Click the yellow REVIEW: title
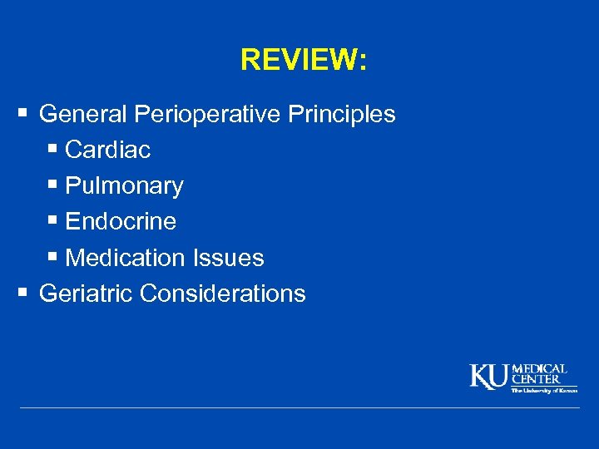pos(303,60)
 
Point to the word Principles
pos(342,114)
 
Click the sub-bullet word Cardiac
pos(107,150)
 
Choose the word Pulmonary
pos(124,186)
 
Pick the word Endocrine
pos(121,222)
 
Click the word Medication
pos(125,258)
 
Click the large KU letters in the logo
pos(489,377)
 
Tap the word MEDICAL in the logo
pos(540,368)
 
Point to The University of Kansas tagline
pos(544,389)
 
